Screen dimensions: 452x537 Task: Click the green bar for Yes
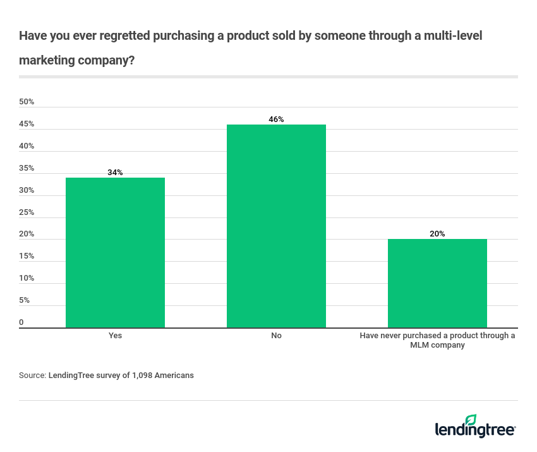(x=115, y=252)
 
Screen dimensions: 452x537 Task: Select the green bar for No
(x=276, y=226)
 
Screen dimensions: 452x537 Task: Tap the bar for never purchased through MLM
(x=437, y=283)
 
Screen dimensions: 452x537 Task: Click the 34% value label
(x=115, y=172)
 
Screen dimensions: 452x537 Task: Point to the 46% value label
(x=276, y=119)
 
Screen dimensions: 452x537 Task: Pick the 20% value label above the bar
(x=437, y=234)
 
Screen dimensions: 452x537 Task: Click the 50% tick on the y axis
(x=27, y=102)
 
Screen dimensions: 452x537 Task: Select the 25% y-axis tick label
(x=27, y=212)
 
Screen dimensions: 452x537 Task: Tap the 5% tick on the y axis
(x=25, y=300)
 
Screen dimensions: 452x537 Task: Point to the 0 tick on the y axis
(x=21, y=322)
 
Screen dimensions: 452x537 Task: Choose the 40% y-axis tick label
(x=27, y=146)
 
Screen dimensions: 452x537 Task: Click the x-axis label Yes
(x=115, y=336)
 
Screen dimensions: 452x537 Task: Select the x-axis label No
(x=276, y=336)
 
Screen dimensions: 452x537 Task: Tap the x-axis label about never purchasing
(x=437, y=340)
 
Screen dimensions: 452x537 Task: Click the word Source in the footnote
(x=32, y=375)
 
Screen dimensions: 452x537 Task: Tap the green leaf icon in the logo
(x=471, y=420)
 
